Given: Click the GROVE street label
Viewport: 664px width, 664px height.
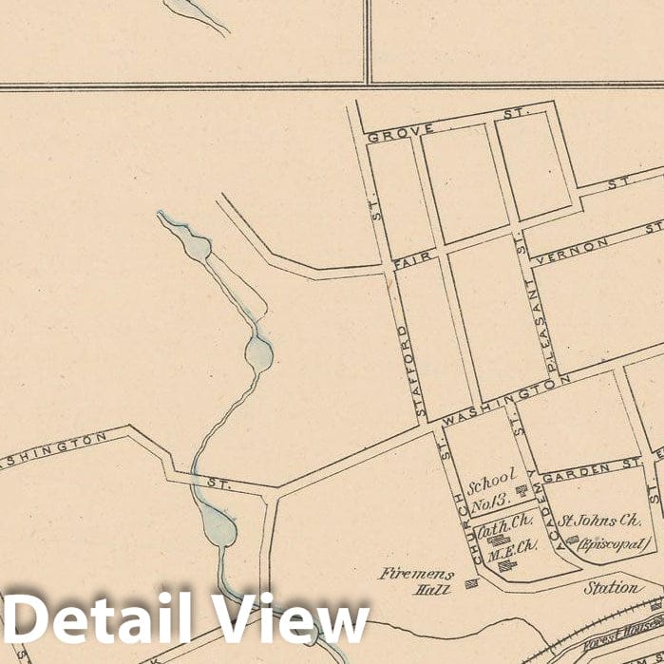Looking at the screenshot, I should pyautogui.click(x=388, y=132).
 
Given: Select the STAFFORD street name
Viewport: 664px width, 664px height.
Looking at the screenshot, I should pyautogui.click(x=408, y=370).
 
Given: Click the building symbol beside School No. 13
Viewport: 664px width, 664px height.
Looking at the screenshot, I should pyautogui.click(x=521, y=491).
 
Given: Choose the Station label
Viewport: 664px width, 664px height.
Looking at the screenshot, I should pyautogui.click(x=612, y=588).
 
